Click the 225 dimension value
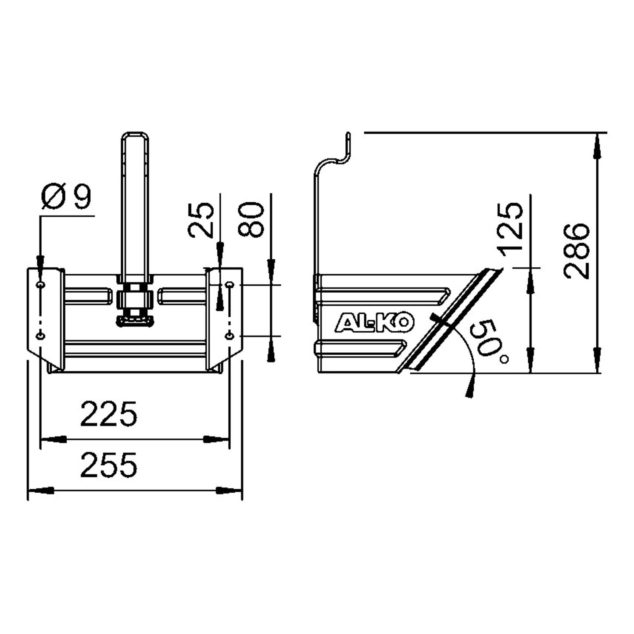pos(109,414)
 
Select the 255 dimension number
pos(109,466)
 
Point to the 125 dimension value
pos(512,226)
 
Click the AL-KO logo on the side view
pos(375,323)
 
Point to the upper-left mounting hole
pos(41,285)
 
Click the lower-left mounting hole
pos(41,336)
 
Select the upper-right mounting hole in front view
pos(229,285)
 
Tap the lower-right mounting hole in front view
pos(229,336)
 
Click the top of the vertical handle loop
pos(135,134)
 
